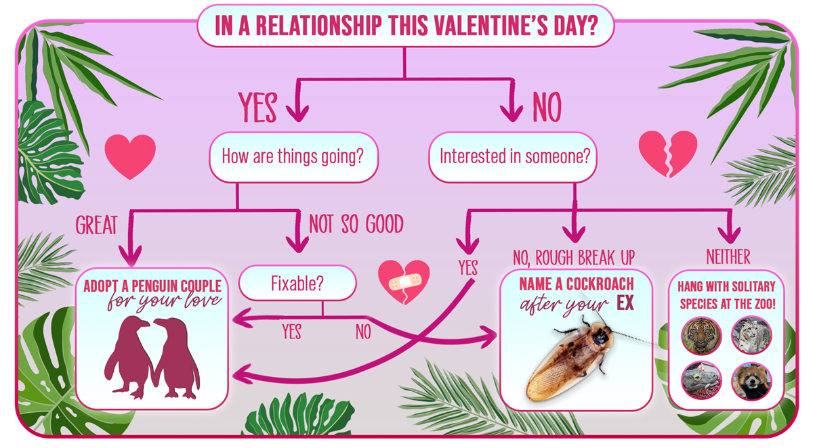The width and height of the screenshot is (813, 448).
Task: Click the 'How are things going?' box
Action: click(293, 157)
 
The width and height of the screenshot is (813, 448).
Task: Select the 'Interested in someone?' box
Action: click(513, 157)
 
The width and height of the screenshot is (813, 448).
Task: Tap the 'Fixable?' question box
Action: click(297, 283)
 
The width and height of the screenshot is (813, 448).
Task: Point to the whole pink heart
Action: click(130, 156)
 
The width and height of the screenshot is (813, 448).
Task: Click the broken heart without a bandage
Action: click(668, 154)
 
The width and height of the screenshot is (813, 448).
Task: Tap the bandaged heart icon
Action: click(404, 282)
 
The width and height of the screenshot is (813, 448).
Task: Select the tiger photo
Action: click(701, 335)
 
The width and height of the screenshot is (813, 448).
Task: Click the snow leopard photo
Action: click(751, 335)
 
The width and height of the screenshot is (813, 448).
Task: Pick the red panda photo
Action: click(751, 381)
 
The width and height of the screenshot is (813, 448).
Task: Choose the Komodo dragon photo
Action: click(701, 381)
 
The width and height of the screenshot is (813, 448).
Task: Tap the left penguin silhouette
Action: click(130, 357)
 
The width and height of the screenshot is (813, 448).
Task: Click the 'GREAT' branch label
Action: click(96, 225)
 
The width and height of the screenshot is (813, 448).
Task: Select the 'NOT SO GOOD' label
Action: click(356, 223)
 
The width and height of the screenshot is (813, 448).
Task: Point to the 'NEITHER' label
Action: click(728, 257)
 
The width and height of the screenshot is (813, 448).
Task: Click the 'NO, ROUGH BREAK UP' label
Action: click(574, 258)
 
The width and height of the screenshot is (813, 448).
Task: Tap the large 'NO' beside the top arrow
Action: click(547, 107)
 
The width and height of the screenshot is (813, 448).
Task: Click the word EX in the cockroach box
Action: click(625, 303)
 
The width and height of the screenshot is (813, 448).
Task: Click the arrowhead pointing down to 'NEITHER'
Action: click(729, 235)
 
